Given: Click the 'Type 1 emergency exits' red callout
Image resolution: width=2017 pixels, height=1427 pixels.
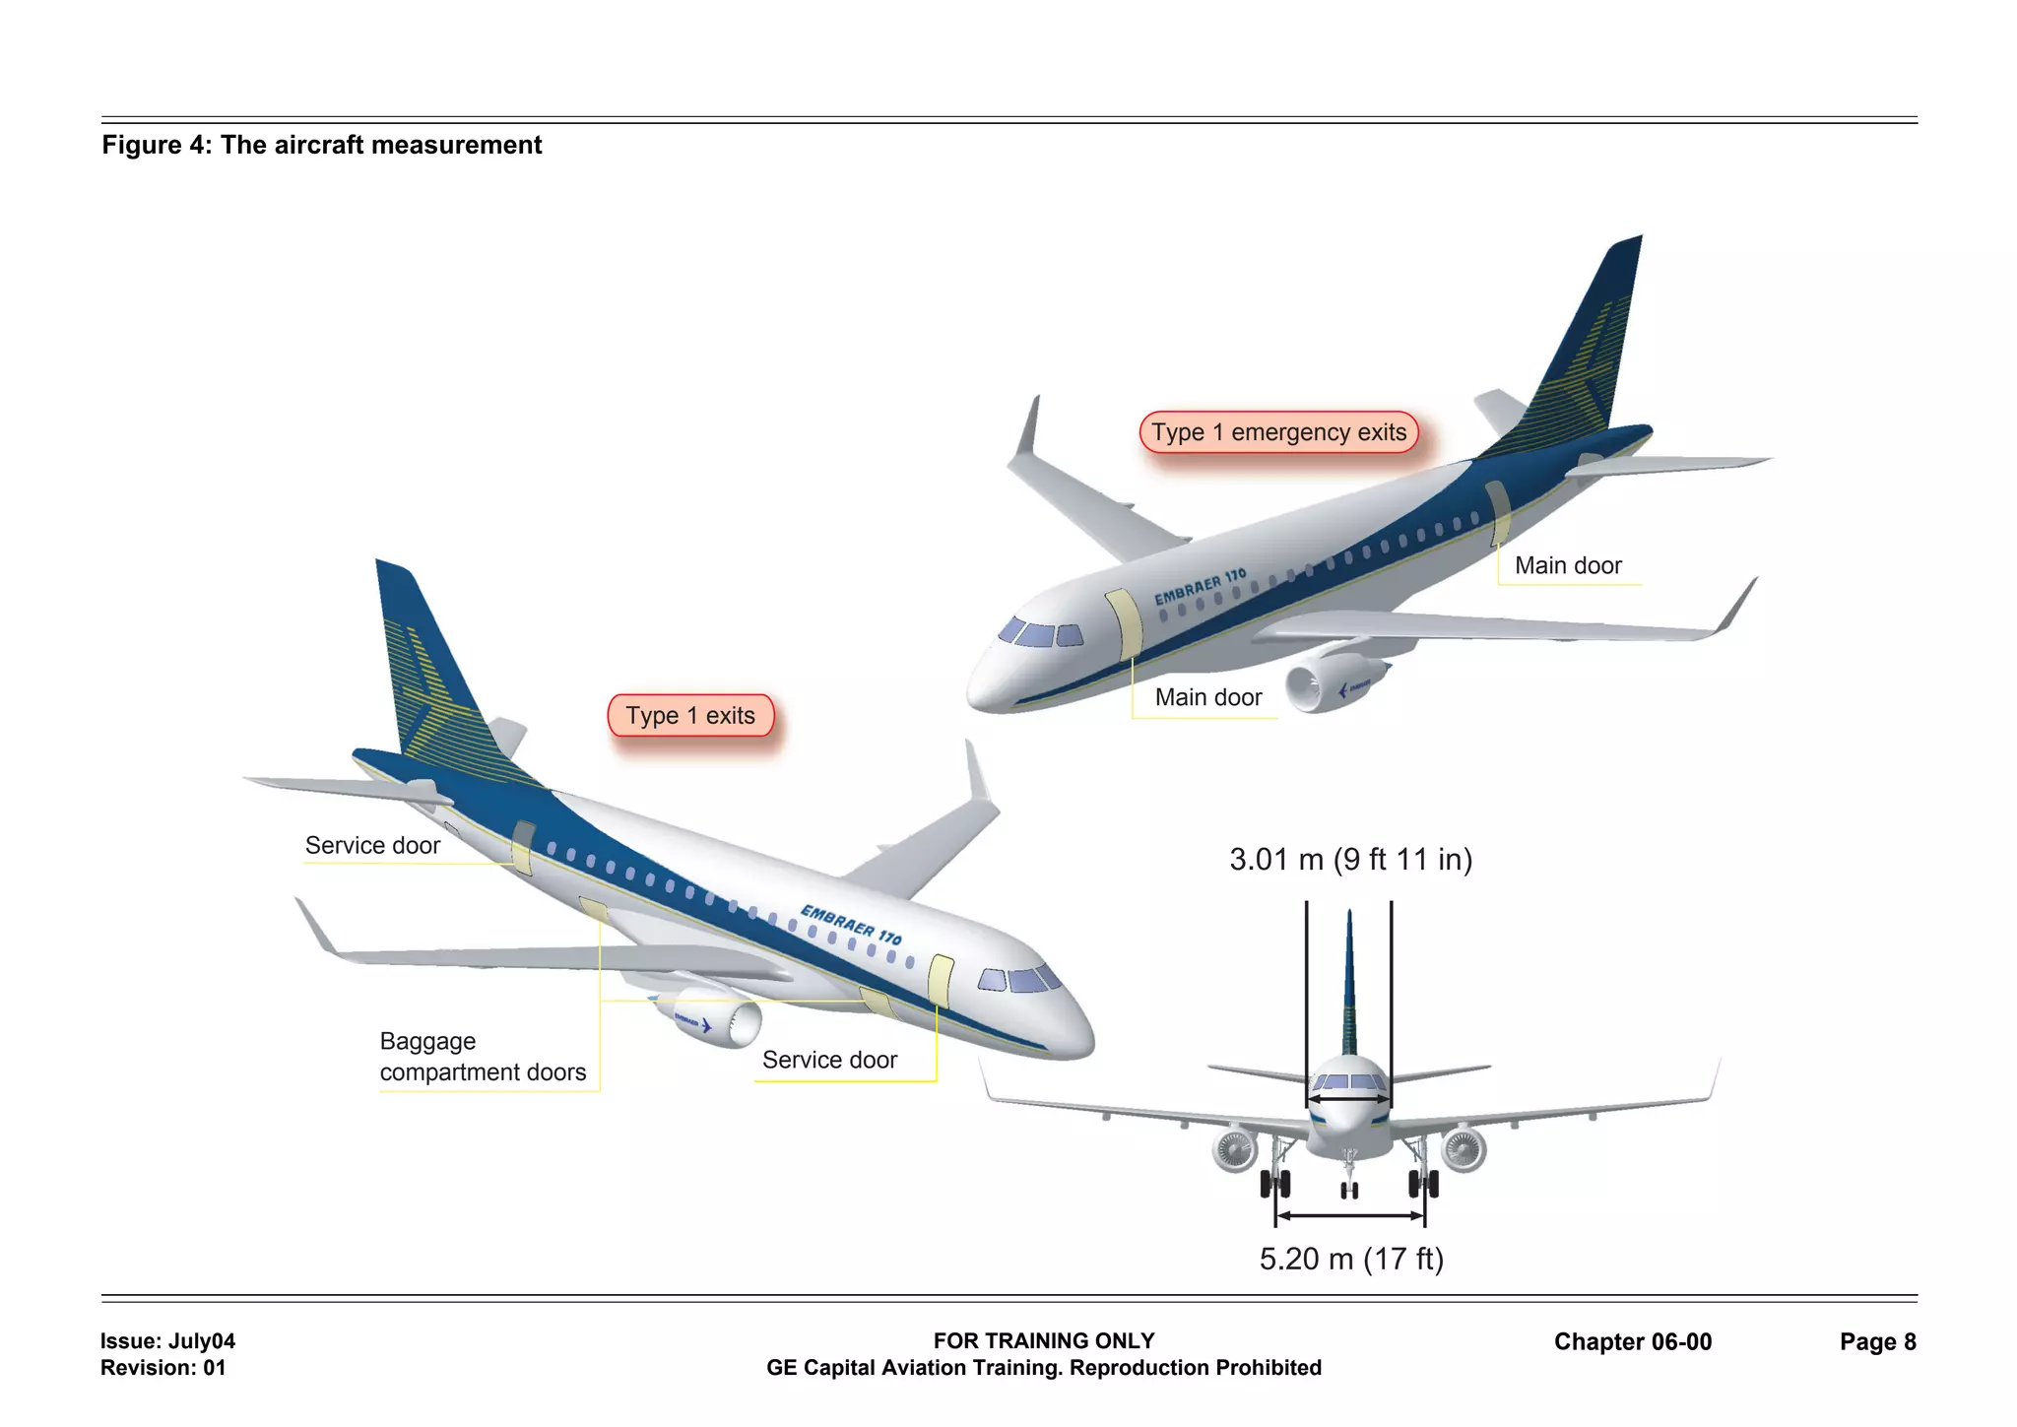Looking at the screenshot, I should [1278, 432].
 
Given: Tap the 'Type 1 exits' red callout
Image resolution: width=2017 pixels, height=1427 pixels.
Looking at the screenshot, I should [690, 716].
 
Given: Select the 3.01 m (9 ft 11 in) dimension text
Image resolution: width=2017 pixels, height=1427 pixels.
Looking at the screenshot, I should [1350, 860].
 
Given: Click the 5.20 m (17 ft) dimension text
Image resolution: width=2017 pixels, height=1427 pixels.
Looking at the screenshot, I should [1351, 1259].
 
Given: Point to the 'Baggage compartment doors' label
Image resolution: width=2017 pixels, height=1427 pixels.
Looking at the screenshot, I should [482, 1057].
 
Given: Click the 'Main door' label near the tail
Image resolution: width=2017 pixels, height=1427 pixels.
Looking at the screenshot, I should [1567, 565].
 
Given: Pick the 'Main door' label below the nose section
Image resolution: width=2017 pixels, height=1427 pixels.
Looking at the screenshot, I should [1207, 697].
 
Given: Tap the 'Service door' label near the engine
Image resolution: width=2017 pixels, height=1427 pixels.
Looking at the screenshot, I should [829, 1060].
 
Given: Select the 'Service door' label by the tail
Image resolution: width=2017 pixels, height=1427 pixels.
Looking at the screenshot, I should [372, 845].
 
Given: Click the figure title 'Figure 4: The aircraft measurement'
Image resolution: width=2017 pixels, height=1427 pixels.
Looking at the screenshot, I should [322, 145].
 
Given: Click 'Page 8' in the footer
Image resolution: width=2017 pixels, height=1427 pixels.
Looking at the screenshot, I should [1877, 1341].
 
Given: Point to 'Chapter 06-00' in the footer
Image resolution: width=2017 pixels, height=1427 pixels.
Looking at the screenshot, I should [1632, 1341].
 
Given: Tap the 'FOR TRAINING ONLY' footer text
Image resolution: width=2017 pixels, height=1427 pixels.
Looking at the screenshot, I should [1043, 1340].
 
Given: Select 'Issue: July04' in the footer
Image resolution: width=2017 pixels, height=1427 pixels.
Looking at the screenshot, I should [167, 1340].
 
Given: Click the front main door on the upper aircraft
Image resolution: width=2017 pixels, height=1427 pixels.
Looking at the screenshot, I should [1124, 624].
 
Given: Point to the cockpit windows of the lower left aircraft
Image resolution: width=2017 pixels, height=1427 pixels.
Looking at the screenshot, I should [1020, 979].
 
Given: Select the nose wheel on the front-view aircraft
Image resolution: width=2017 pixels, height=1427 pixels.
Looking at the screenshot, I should [1349, 1190].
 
